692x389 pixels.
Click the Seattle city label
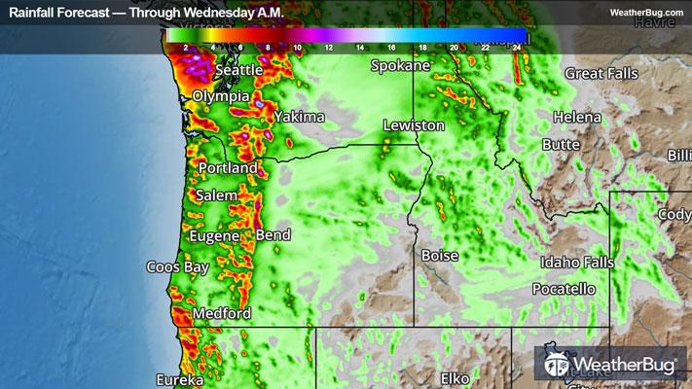tap(239, 71)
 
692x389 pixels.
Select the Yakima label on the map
tap(299, 117)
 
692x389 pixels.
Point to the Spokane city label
tap(400, 66)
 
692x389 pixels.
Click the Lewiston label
tap(414, 125)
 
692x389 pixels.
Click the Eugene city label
tap(218, 235)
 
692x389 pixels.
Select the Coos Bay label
tap(177, 266)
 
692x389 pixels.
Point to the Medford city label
tap(222, 313)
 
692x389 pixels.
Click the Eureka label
tap(178, 378)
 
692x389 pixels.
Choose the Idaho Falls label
tap(578, 263)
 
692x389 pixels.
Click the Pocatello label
tap(564, 289)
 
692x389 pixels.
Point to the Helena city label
tap(570, 117)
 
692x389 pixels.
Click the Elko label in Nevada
tap(455, 376)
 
